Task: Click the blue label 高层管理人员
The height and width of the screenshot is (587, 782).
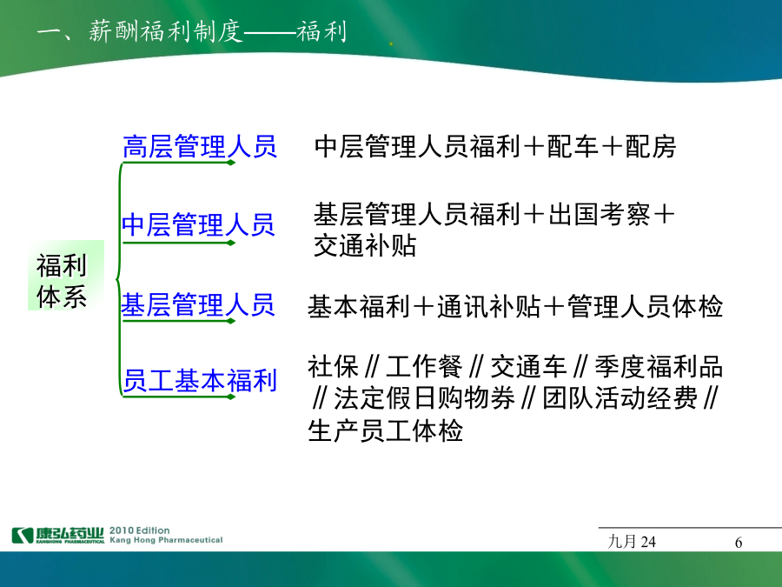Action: click(x=200, y=147)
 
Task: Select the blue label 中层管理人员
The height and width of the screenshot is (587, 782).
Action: click(x=198, y=224)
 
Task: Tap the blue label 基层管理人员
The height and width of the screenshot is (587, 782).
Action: click(x=198, y=304)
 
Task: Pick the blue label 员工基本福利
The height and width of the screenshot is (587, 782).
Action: click(x=200, y=380)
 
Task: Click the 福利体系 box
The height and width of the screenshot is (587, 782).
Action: click(x=65, y=276)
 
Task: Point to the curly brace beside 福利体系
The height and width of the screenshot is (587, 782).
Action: click(x=119, y=279)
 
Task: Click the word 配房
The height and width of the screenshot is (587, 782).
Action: click(x=650, y=147)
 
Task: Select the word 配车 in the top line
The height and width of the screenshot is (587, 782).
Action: click(x=573, y=147)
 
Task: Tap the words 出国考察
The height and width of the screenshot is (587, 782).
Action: click(x=600, y=215)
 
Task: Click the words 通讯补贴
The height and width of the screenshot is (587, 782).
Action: click(x=488, y=306)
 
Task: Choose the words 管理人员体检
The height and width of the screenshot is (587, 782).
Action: click(x=645, y=306)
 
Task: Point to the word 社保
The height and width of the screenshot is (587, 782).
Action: click(x=333, y=367)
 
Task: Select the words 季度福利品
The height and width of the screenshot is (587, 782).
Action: click(x=659, y=367)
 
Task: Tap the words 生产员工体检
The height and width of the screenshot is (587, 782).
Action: click(x=385, y=430)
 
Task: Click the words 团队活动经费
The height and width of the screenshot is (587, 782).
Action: click(x=620, y=398)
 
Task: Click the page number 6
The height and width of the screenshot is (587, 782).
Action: click(x=739, y=542)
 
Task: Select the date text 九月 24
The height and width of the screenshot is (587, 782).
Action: click(x=632, y=542)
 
